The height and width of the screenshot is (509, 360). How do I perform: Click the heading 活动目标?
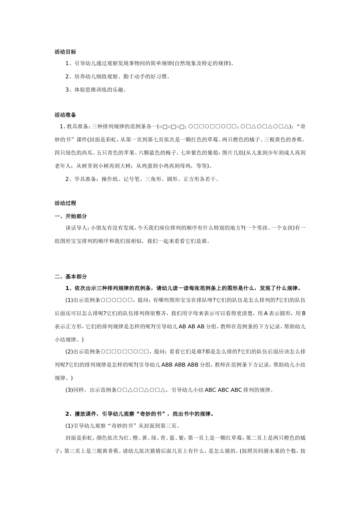[65, 52]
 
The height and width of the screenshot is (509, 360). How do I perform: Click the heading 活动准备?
[65, 115]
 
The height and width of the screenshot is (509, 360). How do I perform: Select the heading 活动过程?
[65, 203]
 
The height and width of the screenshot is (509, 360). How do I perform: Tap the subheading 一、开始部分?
[70, 216]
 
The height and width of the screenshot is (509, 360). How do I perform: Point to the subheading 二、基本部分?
[70, 277]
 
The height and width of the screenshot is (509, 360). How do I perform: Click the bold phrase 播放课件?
[85, 414]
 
